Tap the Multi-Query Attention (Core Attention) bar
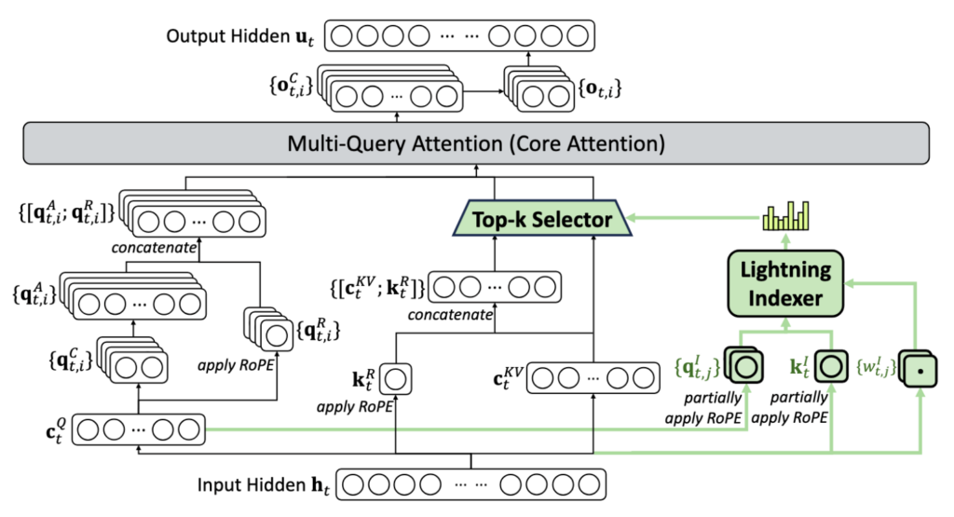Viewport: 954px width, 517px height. pyautogui.click(x=475, y=144)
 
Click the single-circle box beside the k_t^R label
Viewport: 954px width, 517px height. pyautogui.click(x=397, y=379)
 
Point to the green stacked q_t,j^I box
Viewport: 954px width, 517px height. pyautogui.click(x=743, y=366)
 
